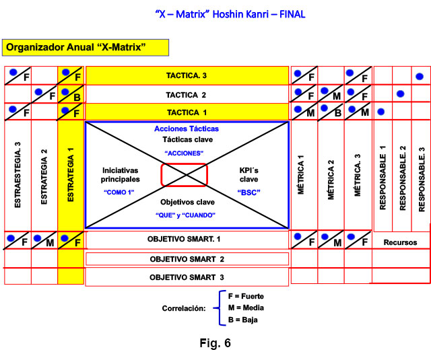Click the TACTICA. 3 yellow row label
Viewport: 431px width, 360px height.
(x=187, y=75)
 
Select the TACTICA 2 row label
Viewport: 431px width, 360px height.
(x=187, y=94)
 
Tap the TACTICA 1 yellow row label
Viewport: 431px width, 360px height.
(x=187, y=112)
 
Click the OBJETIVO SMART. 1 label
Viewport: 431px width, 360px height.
(x=187, y=240)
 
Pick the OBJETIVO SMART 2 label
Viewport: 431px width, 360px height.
(x=187, y=259)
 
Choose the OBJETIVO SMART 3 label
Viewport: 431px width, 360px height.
(x=187, y=276)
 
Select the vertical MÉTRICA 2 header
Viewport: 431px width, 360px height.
(x=331, y=175)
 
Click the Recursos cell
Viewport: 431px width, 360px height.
(x=401, y=242)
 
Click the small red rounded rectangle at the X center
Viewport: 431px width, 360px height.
(x=184, y=175)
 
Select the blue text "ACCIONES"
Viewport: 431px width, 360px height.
(x=186, y=153)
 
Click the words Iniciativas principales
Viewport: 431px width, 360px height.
(x=121, y=175)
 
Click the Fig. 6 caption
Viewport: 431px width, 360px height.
(x=215, y=343)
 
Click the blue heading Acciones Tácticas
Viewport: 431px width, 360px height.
(x=187, y=129)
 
